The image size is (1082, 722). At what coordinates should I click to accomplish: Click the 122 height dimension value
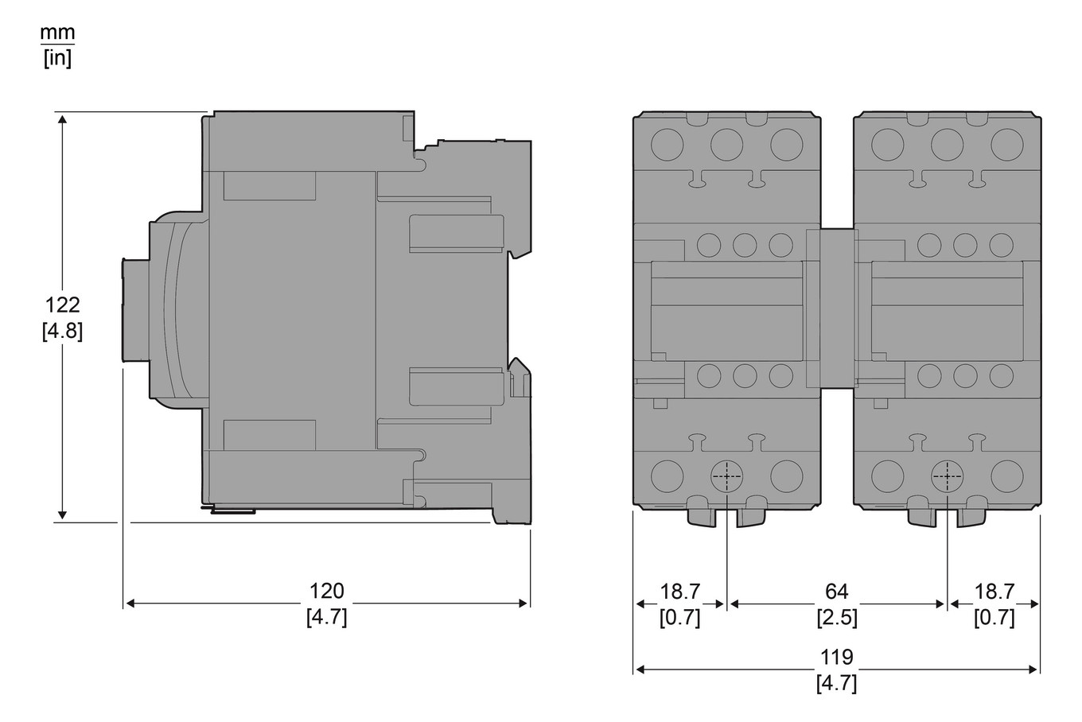62,305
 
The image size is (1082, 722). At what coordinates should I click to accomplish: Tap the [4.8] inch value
62,331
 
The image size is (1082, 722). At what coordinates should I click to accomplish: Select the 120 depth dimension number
326,591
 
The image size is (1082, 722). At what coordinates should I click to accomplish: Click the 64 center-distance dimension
836,591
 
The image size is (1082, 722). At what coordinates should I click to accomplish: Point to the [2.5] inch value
836,617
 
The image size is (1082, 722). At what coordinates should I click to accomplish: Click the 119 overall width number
836,657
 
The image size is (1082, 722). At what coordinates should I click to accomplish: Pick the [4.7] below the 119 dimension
836,683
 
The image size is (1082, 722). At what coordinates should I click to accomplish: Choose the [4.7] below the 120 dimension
326,617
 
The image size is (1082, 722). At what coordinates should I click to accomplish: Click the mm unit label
57,33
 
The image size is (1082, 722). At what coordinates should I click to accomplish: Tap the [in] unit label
57,59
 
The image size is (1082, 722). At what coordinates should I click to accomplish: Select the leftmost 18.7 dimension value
680,591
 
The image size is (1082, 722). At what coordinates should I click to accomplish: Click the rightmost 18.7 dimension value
994,591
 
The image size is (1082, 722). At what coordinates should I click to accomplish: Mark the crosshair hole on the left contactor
726,476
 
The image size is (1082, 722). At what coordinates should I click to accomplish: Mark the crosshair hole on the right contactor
947,476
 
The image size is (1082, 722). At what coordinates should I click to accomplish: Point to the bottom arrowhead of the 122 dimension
63,517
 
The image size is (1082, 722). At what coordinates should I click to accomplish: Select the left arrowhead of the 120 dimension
130,604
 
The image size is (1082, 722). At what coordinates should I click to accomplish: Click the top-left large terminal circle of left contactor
667,144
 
